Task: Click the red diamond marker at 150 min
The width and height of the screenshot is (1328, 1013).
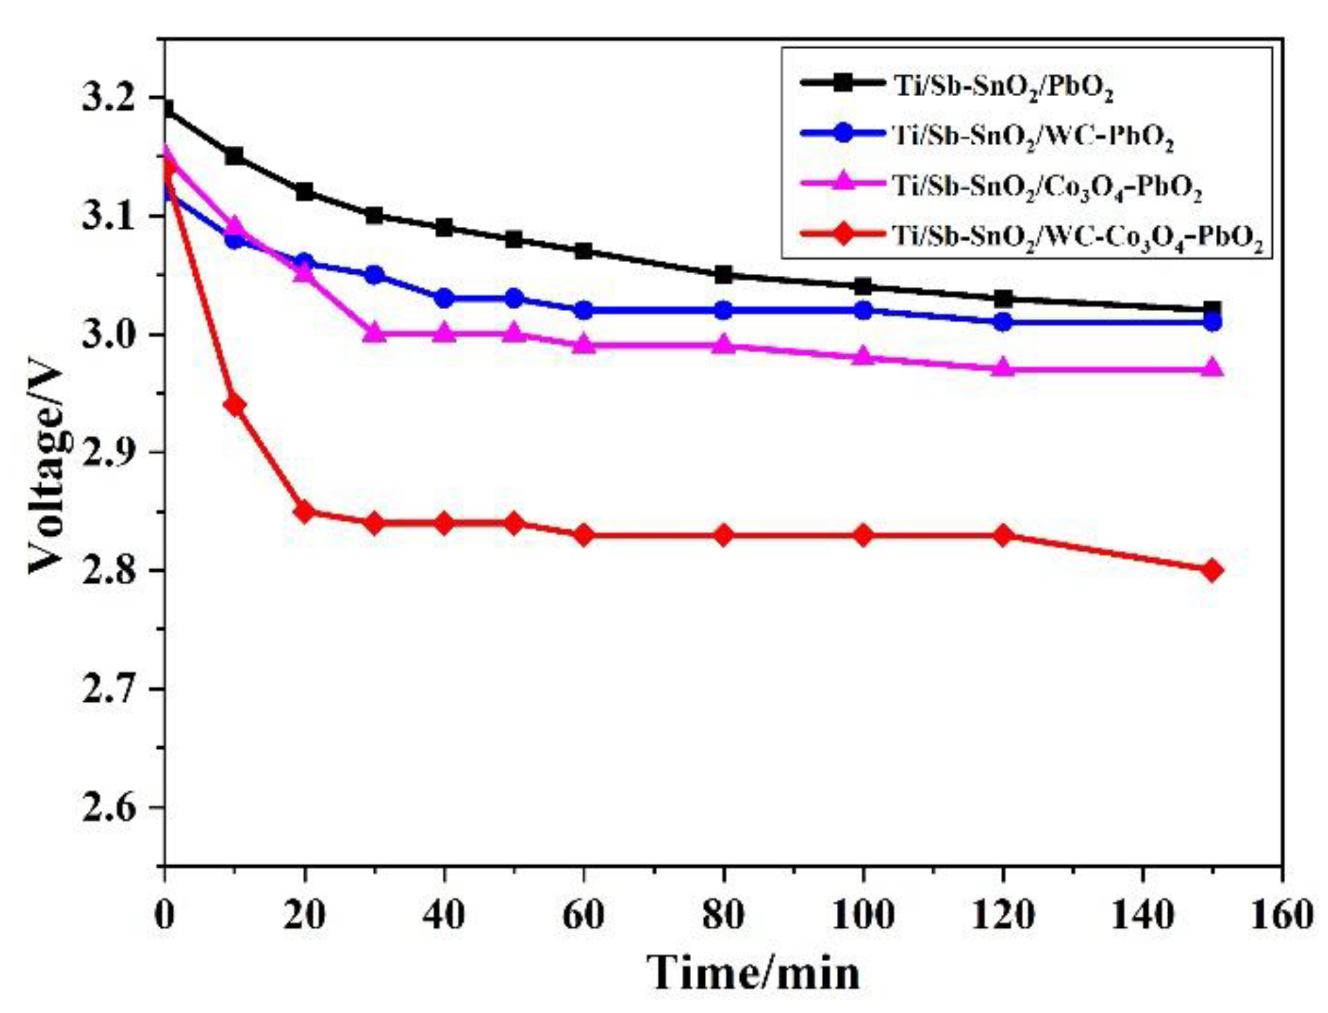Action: [1211, 570]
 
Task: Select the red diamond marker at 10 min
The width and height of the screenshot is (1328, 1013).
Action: [234, 405]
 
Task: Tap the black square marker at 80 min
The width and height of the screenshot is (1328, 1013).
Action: [723, 275]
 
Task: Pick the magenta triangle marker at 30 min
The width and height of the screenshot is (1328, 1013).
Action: [374, 333]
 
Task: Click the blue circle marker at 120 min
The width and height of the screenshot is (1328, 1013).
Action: [1003, 322]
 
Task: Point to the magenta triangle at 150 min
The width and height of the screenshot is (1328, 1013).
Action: [1211, 368]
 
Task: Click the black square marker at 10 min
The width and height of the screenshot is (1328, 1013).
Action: [234, 156]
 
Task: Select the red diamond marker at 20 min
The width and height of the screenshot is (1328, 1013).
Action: [304, 512]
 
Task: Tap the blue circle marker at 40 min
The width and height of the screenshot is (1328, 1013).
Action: [444, 299]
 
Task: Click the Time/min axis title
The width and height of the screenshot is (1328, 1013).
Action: [753, 974]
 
